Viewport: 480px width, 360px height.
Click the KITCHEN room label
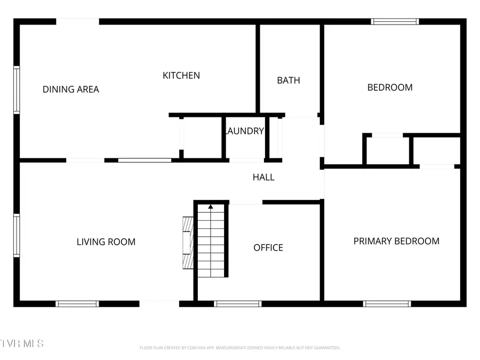pyautogui.click(x=181, y=76)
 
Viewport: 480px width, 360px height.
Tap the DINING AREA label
pyautogui.click(x=71, y=90)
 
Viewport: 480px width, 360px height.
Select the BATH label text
pyautogui.click(x=289, y=81)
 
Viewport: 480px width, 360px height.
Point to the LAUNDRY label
pyautogui.click(x=245, y=131)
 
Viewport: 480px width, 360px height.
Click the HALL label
pyautogui.click(x=263, y=177)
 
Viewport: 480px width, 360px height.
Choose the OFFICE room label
pyautogui.click(x=268, y=248)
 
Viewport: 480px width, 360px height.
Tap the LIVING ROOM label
pyautogui.click(x=106, y=242)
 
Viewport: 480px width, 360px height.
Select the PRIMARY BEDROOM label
pyautogui.click(x=396, y=241)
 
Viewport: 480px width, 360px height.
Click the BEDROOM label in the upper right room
pyautogui.click(x=390, y=87)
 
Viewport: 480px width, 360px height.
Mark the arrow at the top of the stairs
pyautogui.click(x=211, y=206)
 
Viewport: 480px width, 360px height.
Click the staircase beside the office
pyautogui.click(x=211, y=243)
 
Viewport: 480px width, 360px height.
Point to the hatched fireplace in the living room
pyautogui.click(x=187, y=243)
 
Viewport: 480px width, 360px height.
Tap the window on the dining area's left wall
pyautogui.click(x=17, y=90)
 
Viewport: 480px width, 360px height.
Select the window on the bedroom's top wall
pyautogui.click(x=395, y=22)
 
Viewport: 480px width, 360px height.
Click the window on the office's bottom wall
pyautogui.click(x=237, y=304)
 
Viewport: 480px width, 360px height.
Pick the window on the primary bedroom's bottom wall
pyautogui.click(x=387, y=304)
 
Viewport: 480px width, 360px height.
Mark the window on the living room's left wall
pyautogui.click(x=17, y=235)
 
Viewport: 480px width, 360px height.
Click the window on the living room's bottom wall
pyautogui.click(x=77, y=304)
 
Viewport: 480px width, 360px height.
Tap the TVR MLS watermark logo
pyautogui.click(x=22, y=343)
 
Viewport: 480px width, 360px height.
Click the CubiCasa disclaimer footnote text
pyautogui.click(x=239, y=348)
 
